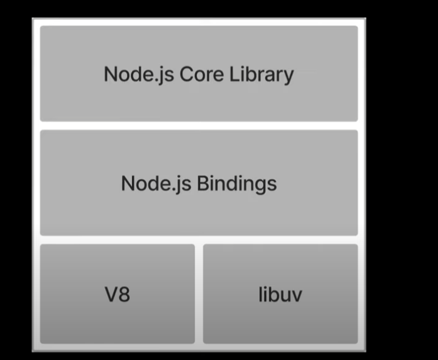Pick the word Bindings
(x=237, y=184)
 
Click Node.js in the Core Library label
(x=138, y=74)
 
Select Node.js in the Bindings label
(x=156, y=183)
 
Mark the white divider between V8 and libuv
(x=199, y=293)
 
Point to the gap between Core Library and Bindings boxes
(x=199, y=125)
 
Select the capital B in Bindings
(x=203, y=183)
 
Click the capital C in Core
(x=186, y=74)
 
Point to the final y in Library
(x=288, y=76)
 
